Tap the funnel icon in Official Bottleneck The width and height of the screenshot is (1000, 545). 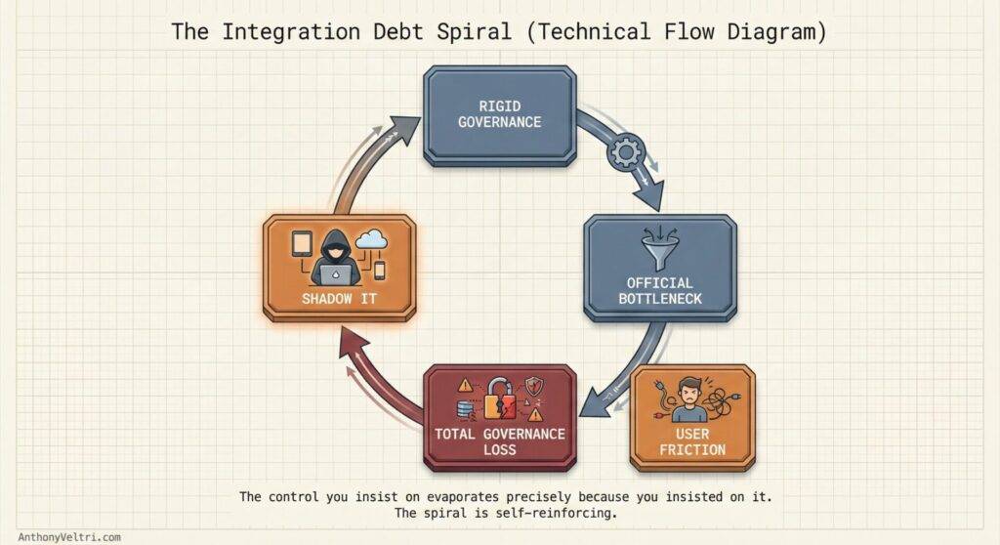pos(661,247)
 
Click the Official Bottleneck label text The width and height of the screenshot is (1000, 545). pos(660,290)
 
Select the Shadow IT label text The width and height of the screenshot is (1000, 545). pos(339,298)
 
